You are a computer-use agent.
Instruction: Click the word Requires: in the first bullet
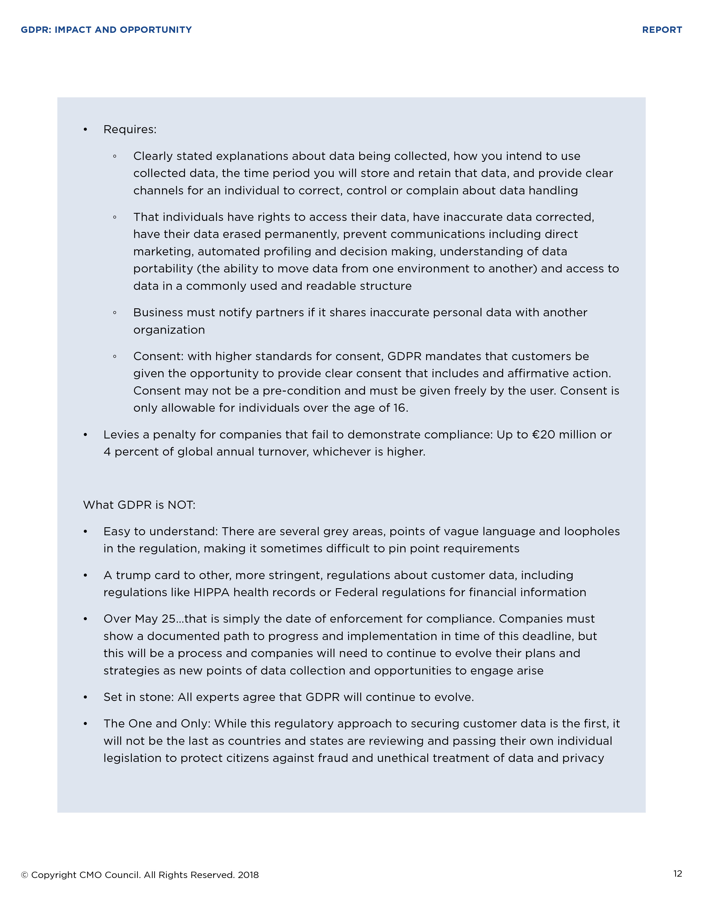(x=130, y=130)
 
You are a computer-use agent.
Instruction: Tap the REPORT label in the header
(x=662, y=30)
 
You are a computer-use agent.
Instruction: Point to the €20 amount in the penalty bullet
(x=543, y=435)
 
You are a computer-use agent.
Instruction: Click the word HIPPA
(x=211, y=593)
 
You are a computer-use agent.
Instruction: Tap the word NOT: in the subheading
(x=181, y=505)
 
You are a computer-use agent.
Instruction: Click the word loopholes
(x=592, y=532)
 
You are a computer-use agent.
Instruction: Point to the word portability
(x=163, y=269)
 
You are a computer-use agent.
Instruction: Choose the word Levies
(x=121, y=435)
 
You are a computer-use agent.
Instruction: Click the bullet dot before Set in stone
(x=85, y=697)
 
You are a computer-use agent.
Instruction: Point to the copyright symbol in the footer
(x=25, y=875)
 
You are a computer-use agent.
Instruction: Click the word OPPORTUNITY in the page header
(x=156, y=30)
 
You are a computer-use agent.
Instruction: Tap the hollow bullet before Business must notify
(x=114, y=313)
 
